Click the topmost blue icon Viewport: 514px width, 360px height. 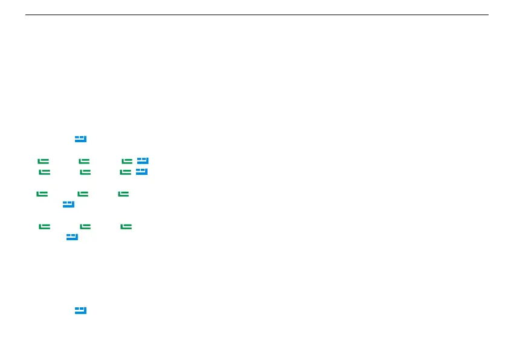(81, 139)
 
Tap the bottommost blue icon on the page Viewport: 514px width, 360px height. (81, 310)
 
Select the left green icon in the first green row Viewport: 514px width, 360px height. (43, 161)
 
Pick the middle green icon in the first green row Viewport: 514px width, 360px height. (84, 161)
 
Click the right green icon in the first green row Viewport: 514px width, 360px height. (126, 161)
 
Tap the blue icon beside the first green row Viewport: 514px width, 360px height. (143, 161)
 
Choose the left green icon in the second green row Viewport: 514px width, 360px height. (44, 172)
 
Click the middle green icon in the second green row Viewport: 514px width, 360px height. (85, 172)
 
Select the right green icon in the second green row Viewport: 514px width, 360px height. (125, 172)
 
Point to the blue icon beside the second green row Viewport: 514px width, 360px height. (142, 172)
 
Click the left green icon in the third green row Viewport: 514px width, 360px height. (42, 194)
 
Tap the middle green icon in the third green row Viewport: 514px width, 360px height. (83, 194)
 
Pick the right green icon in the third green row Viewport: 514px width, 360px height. (123, 194)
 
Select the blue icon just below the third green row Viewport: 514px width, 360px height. (68, 205)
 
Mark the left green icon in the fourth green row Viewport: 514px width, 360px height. (44, 226)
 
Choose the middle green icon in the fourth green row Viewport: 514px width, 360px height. (85, 226)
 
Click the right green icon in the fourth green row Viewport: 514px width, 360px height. (126, 226)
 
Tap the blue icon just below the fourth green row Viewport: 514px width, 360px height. (73, 237)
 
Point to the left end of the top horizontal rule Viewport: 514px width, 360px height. (26, 15)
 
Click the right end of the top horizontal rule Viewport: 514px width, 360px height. (487, 15)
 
